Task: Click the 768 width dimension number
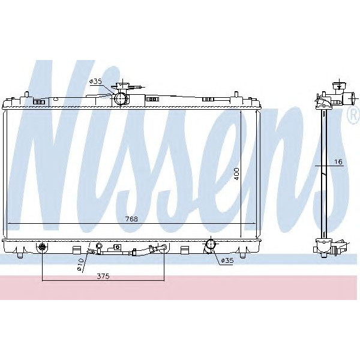131,219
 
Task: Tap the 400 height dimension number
237,175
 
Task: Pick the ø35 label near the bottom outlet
226,260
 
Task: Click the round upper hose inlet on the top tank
120,98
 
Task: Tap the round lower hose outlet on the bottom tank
210,245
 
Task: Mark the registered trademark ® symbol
353,116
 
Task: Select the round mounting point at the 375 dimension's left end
43,247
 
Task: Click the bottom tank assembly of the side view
327,246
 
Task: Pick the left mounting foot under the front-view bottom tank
20,256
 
